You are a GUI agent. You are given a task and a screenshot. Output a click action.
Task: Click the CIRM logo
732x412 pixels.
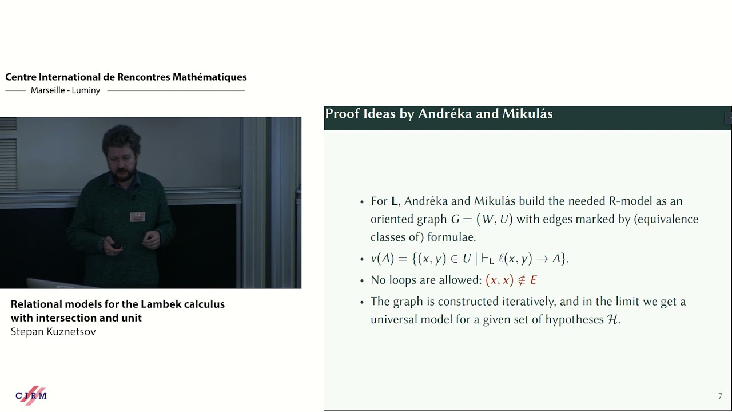[x=31, y=395]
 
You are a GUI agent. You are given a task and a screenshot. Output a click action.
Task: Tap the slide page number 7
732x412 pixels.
[x=720, y=396]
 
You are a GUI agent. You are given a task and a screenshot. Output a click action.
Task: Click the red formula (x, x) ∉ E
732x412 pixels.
[x=511, y=280]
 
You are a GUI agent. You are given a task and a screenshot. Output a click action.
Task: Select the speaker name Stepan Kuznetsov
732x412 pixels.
[x=53, y=332]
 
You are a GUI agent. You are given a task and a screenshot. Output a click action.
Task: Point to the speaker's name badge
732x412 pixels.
[x=137, y=216]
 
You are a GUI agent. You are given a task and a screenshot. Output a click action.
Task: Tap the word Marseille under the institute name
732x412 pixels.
[x=50, y=90]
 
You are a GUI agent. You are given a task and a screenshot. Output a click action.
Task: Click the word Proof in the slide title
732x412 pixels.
[x=342, y=114]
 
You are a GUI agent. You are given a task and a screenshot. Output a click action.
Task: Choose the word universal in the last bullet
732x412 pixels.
[x=393, y=319]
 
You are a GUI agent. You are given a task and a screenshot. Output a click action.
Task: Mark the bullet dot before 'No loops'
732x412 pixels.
[x=362, y=280]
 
